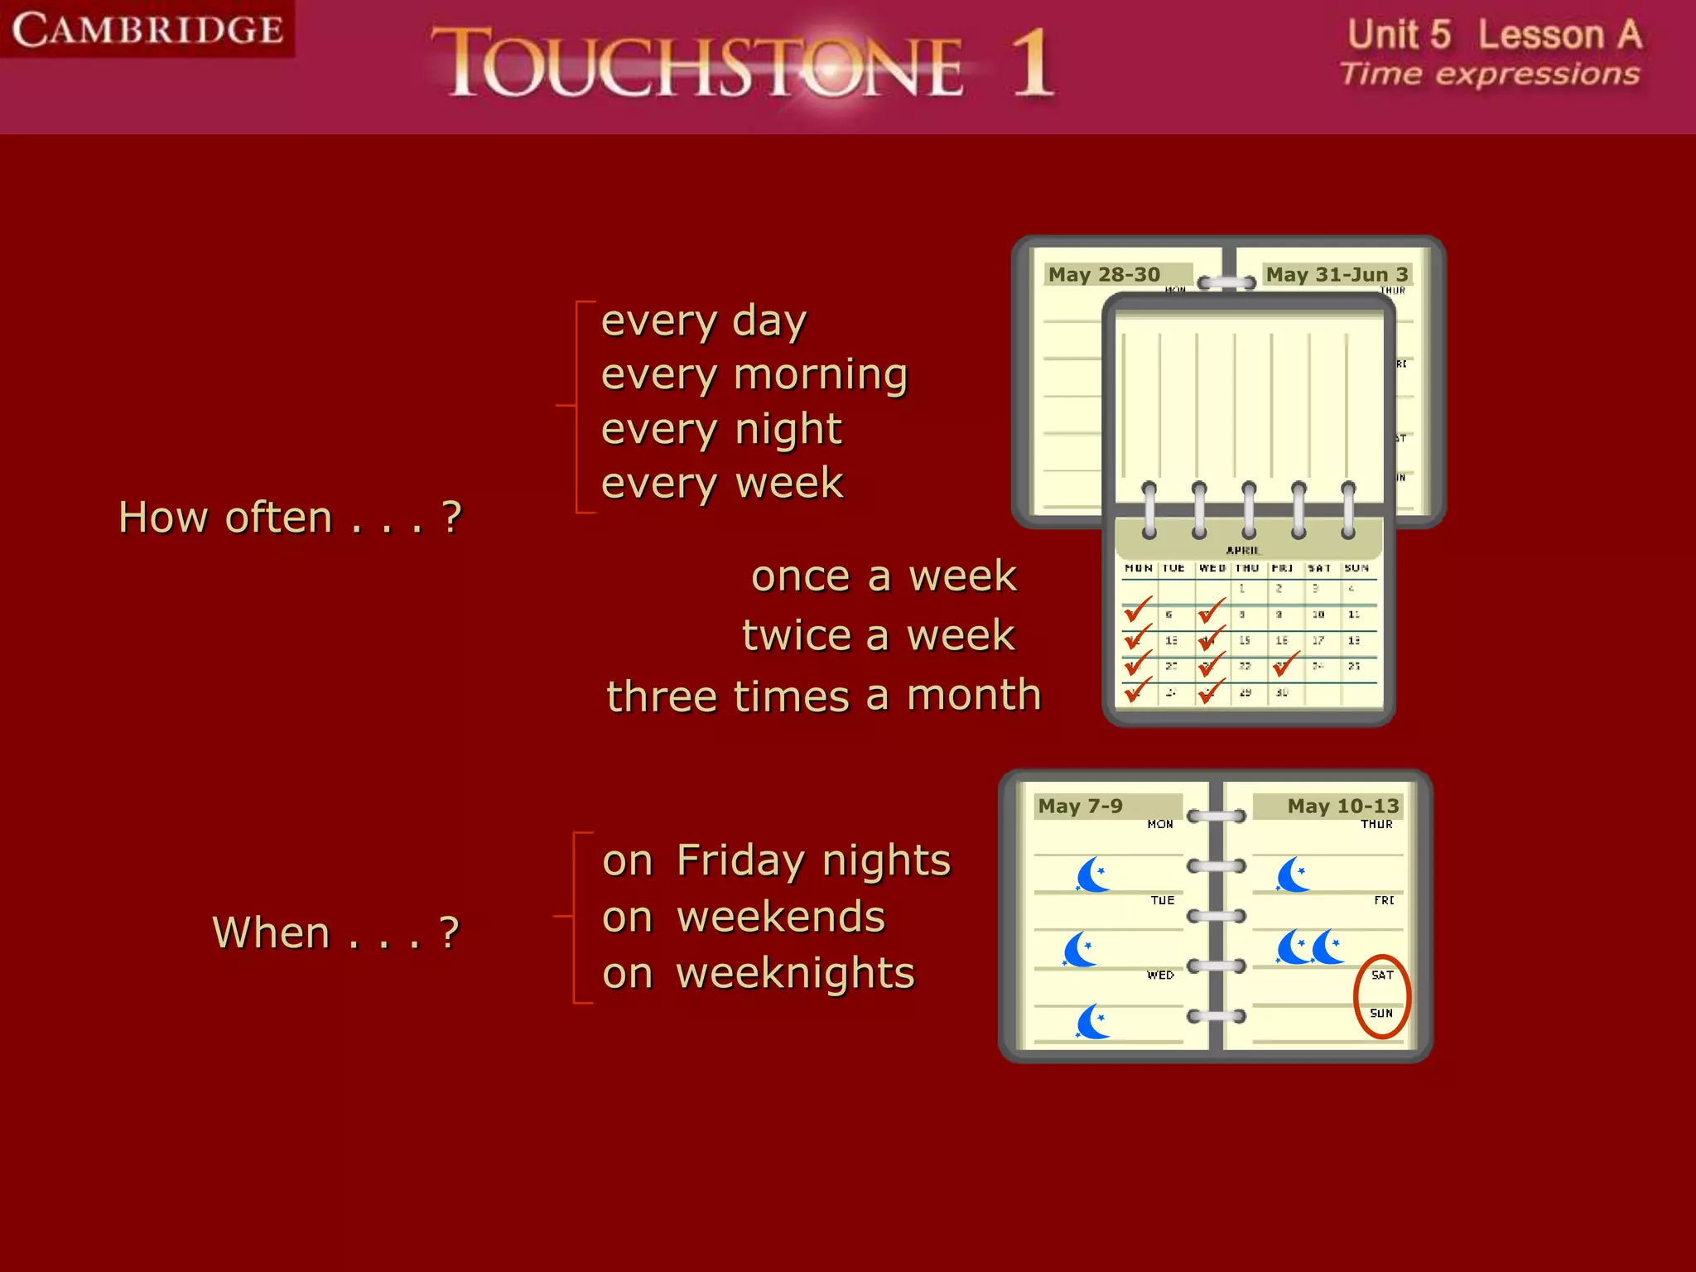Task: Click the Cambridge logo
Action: [x=147, y=30]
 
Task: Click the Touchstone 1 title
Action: [x=741, y=63]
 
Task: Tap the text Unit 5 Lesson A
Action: [x=1494, y=35]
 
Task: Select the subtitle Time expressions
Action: [x=1489, y=75]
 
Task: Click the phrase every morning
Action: [x=754, y=376]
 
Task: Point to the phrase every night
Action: [x=721, y=430]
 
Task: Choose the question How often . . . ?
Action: [x=290, y=518]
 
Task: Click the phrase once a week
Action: [x=883, y=576]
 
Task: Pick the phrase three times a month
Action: [x=824, y=696]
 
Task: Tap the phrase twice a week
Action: [x=878, y=636]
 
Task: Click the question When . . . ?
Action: [x=335, y=933]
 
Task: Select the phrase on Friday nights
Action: [x=777, y=860]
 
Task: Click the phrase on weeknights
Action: [x=759, y=974]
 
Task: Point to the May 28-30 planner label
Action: [x=1105, y=275]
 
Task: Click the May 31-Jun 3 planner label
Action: [x=1337, y=275]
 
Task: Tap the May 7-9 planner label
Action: [x=1081, y=807]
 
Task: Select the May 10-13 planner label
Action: [x=1342, y=807]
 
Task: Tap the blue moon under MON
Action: [x=1093, y=874]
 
